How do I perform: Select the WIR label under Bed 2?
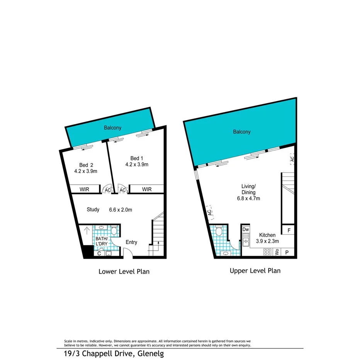click(x=85, y=190)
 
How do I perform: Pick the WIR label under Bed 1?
click(x=147, y=190)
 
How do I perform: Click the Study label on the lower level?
click(x=93, y=210)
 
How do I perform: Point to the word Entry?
click(x=131, y=242)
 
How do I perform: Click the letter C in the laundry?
click(x=99, y=254)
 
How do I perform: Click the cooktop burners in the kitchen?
click(x=267, y=252)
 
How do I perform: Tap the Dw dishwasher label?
click(x=246, y=229)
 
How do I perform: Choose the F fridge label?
click(x=288, y=231)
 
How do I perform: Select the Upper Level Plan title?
click(x=255, y=271)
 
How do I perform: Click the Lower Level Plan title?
click(x=124, y=272)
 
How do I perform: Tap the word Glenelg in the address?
click(x=148, y=354)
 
